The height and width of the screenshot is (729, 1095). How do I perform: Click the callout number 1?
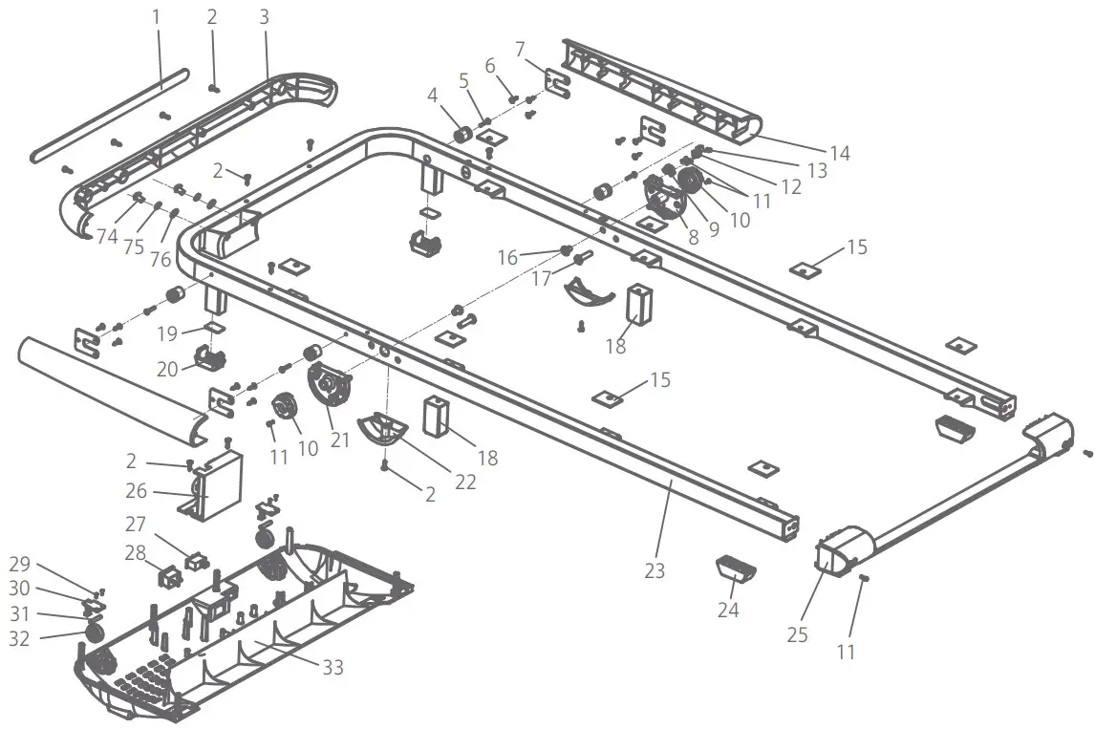point(158,17)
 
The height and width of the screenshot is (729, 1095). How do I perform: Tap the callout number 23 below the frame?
point(655,572)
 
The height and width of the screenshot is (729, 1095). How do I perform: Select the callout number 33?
point(332,668)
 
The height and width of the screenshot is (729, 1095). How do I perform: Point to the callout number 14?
point(839,153)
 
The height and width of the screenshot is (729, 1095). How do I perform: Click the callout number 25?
point(798,634)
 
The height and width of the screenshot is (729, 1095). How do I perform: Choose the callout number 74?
point(107,237)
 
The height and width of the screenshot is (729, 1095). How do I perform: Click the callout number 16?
point(507,258)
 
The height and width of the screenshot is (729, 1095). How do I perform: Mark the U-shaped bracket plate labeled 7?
point(555,82)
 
